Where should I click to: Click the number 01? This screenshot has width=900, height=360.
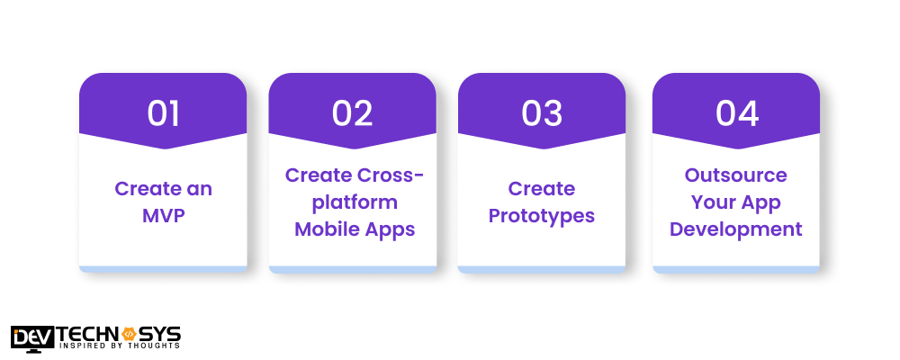coord(163,113)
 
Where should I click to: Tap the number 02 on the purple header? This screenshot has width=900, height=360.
coord(352,113)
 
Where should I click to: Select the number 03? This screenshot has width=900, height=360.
coord(542,113)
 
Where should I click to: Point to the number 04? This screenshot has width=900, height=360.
coord(736,113)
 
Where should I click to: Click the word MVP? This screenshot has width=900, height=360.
coord(163,216)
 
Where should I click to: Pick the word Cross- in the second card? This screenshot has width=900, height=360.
coord(389,175)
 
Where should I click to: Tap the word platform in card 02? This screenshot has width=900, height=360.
coord(352,202)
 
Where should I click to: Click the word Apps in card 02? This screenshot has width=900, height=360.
coord(391,229)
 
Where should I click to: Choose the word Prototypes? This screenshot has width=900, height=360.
coord(542,216)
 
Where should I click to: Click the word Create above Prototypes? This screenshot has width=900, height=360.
coord(542,189)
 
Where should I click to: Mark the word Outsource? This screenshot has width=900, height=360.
coord(736,175)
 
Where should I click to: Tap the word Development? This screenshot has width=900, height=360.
coord(736,229)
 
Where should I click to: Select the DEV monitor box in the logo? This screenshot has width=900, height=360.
coord(32,337)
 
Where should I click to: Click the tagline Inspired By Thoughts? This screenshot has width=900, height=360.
coord(119,346)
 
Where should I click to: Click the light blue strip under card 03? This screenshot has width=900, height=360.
coord(542,269)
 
